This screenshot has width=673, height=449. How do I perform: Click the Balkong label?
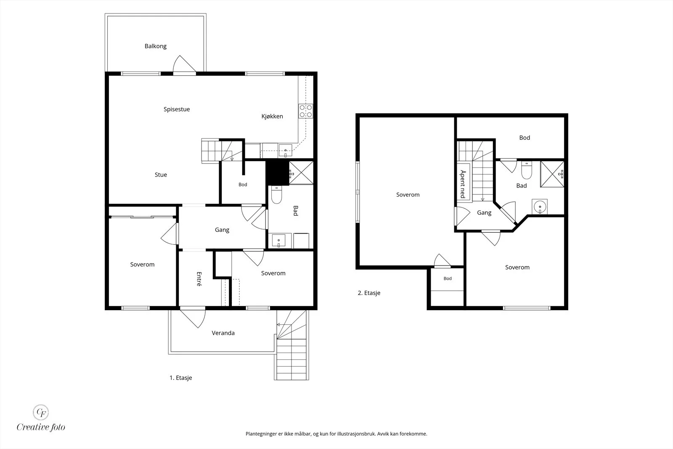tap(155, 46)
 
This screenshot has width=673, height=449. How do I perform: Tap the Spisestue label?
tap(177, 109)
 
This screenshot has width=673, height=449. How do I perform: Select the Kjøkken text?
tap(272, 116)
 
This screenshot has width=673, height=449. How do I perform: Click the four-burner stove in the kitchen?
tap(305, 111)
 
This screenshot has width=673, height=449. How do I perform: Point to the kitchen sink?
tap(285, 151)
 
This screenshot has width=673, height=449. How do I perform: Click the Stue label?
tap(161, 175)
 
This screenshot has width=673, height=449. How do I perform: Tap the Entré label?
tap(199, 279)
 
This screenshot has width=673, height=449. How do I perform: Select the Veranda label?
tap(223, 333)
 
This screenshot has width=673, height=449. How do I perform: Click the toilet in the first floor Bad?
tap(276, 194)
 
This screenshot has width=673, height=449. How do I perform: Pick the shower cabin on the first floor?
tap(301, 173)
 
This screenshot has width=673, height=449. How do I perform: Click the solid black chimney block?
tap(277, 173)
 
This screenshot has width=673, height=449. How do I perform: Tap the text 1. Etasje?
tap(180, 378)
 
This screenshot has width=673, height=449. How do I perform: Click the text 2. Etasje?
tap(369, 293)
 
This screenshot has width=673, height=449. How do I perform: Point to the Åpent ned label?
tap(463, 184)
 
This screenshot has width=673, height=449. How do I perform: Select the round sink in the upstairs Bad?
tap(540, 207)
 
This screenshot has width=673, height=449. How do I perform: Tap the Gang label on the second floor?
tap(484, 213)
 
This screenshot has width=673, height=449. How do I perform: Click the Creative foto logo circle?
tap(41, 412)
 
